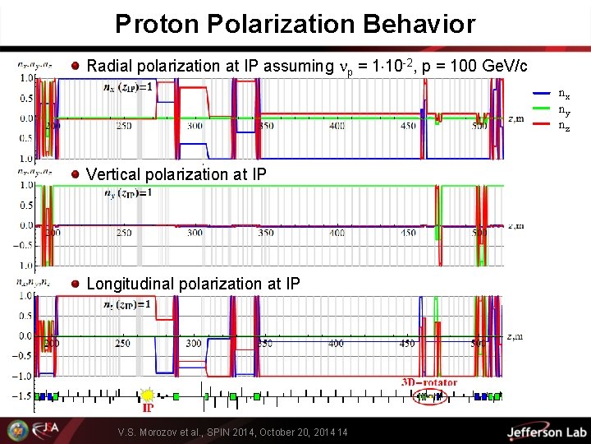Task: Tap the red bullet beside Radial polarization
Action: (76, 66)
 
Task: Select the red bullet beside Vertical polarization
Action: (76, 174)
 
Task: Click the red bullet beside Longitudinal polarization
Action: (76, 284)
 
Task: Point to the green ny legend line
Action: (543, 109)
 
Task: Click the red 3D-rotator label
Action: (428, 382)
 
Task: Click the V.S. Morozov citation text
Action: (232, 432)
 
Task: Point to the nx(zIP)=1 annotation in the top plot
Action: (127, 87)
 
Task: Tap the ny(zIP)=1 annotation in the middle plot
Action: (127, 193)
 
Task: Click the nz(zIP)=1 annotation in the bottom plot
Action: (127, 303)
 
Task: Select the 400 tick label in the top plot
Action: (337, 127)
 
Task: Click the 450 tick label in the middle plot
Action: (407, 234)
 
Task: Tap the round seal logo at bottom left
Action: (16, 430)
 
